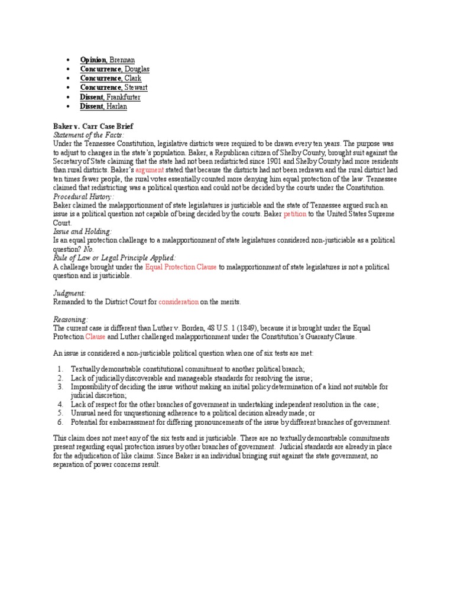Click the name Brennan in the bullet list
tap(122, 60)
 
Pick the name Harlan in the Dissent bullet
tap(116, 106)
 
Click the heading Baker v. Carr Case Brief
tap(93, 126)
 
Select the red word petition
tap(294, 214)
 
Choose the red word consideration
tap(179, 302)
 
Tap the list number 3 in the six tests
tap(60, 386)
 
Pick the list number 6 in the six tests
tap(60, 422)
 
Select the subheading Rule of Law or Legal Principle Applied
tap(114, 258)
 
